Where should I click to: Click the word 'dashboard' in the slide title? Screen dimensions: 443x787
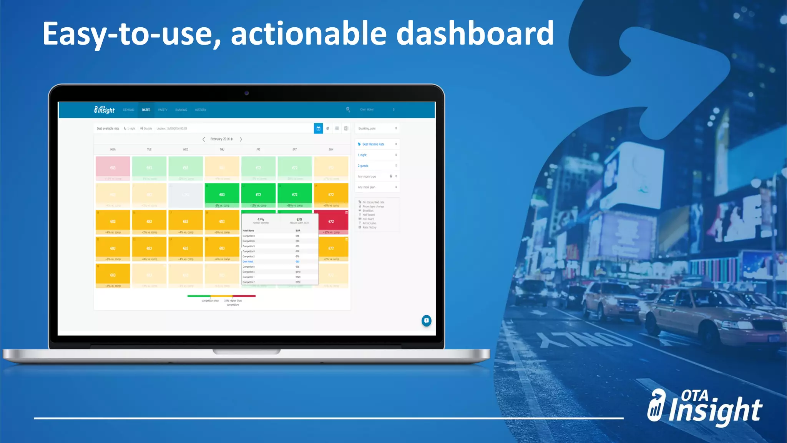475,34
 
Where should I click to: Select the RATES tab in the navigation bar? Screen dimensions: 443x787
146,110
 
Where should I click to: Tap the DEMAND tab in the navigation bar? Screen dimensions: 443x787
129,110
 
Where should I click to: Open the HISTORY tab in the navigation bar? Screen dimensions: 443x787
200,110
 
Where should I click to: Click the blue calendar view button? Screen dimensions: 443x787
318,128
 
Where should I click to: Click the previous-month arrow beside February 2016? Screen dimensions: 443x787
204,139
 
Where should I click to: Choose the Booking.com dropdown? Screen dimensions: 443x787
377,128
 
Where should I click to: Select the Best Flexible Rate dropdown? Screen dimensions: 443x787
377,144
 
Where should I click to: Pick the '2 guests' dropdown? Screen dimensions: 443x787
377,166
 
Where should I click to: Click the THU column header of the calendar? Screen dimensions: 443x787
222,150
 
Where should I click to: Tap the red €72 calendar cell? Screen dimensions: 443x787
331,222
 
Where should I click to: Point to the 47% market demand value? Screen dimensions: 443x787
261,220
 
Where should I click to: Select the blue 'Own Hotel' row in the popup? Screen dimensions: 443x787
269,261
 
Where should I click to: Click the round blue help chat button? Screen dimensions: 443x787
426,320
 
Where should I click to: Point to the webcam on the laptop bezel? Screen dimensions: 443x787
247,93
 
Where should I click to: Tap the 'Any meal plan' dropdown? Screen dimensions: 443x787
377,187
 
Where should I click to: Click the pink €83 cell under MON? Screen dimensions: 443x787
113,168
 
